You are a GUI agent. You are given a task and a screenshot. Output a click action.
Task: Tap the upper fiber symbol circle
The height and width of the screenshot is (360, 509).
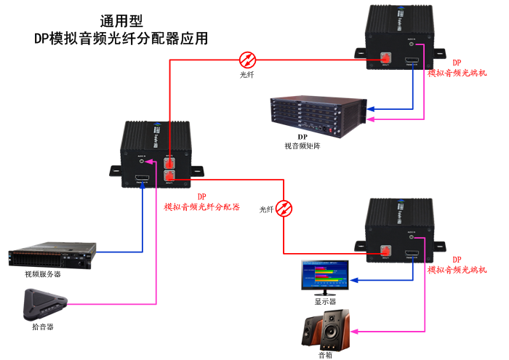click(x=248, y=59)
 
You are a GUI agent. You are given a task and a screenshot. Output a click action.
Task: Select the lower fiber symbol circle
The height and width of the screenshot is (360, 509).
click(x=286, y=209)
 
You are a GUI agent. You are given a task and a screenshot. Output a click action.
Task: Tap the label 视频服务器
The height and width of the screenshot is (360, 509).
click(x=43, y=274)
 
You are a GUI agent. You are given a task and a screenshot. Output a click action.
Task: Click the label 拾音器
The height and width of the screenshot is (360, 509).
click(x=43, y=327)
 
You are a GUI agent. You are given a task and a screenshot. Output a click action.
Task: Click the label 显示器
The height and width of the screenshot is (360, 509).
click(x=325, y=301)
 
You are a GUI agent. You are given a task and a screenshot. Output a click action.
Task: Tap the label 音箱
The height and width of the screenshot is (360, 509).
click(x=325, y=354)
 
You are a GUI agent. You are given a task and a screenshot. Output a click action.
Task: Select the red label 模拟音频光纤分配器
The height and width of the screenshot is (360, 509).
click(x=201, y=207)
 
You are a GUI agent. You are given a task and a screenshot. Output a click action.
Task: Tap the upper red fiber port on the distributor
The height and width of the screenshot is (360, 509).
click(x=170, y=161)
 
